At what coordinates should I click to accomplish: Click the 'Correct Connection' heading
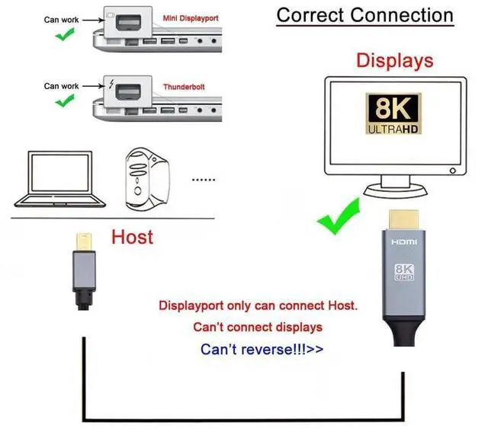click(364, 14)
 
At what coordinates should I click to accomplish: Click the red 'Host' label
click(132, 237)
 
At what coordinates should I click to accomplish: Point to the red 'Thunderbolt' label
click(184, 88)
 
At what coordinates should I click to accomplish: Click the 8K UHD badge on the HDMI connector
click(404, 273)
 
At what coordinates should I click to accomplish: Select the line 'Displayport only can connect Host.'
click(258, 306)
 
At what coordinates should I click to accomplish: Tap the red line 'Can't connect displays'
click(258, 327)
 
